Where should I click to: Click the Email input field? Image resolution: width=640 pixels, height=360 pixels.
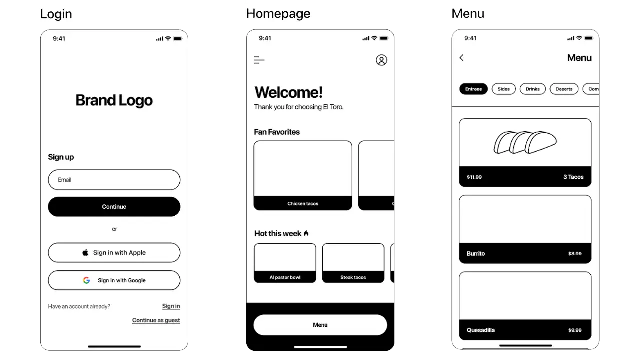click(x=114, y=180)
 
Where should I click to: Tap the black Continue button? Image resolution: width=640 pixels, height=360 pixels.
click(x=114, y=207)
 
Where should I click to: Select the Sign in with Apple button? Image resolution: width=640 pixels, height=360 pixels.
click(x=114, y=253)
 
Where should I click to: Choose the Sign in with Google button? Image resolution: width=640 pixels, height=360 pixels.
click(x=114, y=280)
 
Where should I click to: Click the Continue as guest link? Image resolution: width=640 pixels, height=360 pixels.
click(x=156, y=320)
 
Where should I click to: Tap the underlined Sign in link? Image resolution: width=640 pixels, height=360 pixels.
click(x=171, y=306)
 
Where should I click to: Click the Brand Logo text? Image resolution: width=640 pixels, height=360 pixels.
click(x=114, y=100)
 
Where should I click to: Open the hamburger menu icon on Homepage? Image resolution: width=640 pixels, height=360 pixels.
click(x=259, y=60)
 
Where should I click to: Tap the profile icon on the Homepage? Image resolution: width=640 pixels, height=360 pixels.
click(x=381, y=60)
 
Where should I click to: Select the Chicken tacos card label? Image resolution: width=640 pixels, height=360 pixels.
click(x=303, y=204)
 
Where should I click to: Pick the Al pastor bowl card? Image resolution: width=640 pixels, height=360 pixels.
click(x=285, y=263)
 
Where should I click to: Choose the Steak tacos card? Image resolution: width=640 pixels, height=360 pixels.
click(x=353, y=263)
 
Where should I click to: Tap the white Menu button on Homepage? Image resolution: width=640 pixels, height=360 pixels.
click(x=320, y=325)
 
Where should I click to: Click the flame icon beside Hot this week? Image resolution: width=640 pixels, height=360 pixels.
click(x=306, y=233)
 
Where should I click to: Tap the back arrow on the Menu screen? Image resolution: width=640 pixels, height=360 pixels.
click(x=461, y=58)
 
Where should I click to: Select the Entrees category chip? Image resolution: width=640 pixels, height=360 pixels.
click(x=473, y=89)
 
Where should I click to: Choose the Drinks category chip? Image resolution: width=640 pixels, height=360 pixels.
click(x=533, y=89)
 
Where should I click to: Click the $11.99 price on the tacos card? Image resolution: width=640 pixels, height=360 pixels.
click(x=474, y=177)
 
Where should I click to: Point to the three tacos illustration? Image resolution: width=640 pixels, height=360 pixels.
click(x=525, y=142)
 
